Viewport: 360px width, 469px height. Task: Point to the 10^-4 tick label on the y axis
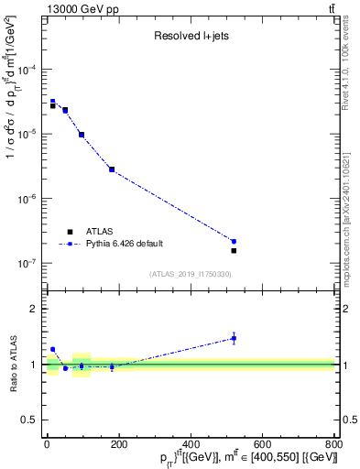tap(27, 70)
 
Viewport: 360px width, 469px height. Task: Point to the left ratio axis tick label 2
tap(35, 309)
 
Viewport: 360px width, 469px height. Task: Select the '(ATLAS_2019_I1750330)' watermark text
tap(191, 274)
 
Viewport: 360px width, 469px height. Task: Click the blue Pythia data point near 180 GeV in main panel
tap(112, 169)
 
